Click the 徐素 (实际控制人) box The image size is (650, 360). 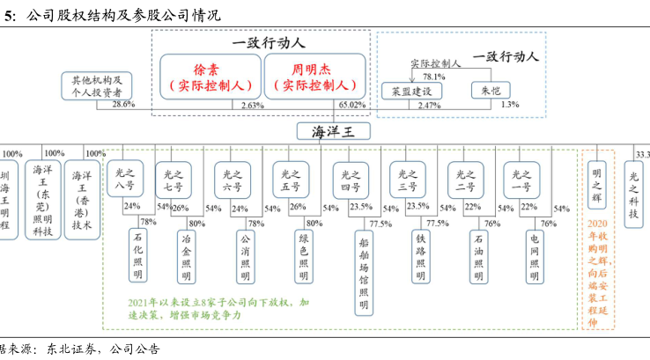[x=211, y=76]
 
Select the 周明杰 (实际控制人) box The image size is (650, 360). [x=314, y=76]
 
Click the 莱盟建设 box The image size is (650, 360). [x=411, y=91]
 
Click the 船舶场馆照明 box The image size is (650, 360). [x=364, y=272]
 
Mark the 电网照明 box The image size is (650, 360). [x=534, y=256]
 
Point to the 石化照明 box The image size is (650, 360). [x=137, y=256]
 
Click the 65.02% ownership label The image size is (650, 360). [x=351, y=106]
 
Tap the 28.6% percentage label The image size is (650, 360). [x=122, y=106]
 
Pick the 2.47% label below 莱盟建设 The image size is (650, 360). [x=429, y=106]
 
